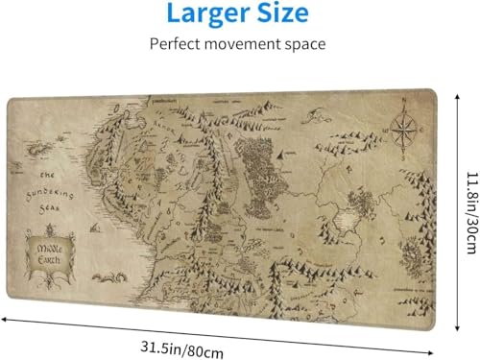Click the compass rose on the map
[x=404, y=130]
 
